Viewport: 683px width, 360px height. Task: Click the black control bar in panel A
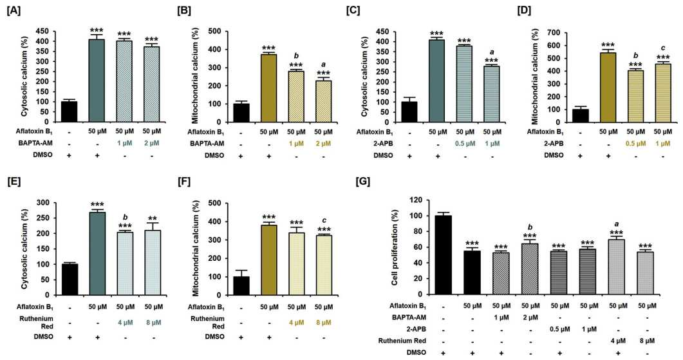coord(69,111)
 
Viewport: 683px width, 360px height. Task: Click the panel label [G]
coord(363,181)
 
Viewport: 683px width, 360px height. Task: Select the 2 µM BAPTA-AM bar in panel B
coord(323,102)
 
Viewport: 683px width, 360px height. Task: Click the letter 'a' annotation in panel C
coord(492,52)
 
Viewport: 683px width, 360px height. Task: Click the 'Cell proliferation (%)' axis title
coord(395,247)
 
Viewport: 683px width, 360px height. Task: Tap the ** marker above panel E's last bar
coord(153,219)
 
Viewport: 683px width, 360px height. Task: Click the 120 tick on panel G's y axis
coord(418,200)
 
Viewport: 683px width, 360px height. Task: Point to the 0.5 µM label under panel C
coord(465,144)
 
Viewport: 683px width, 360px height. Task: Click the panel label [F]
coord(184,181)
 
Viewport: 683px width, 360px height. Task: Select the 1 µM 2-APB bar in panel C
coord(492,94)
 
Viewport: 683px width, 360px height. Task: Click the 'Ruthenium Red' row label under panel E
coord(37,323)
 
